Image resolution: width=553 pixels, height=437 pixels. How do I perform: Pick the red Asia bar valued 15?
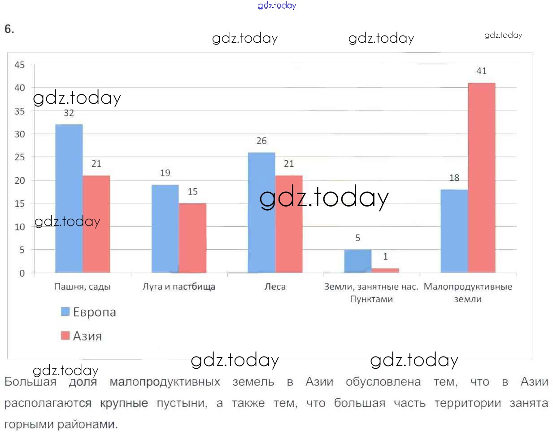point(192,238)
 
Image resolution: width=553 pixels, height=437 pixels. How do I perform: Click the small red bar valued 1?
point(385,270)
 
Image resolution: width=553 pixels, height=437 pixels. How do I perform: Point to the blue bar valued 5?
point(357,261)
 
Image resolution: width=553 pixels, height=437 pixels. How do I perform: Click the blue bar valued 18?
point(454,231)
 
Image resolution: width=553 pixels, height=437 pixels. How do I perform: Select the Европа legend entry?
point(88,312)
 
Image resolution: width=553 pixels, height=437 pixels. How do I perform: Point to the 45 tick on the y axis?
point(20,65)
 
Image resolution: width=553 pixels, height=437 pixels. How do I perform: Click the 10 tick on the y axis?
point(20,227)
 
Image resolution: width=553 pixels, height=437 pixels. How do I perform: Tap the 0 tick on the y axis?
point(22,273)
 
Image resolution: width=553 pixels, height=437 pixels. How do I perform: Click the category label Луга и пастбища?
point(179,287)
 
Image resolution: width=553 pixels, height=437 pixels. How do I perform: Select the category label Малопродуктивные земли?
point(467,292)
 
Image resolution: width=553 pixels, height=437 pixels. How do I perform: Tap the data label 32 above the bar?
point(69,113)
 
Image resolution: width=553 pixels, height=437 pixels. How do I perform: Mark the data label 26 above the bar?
point(261,141)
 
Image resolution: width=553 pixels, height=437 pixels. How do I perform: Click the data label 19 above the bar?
point(165,173)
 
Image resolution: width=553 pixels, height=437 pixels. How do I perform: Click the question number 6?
point(9,29)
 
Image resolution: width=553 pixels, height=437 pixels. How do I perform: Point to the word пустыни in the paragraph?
point(182,403)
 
